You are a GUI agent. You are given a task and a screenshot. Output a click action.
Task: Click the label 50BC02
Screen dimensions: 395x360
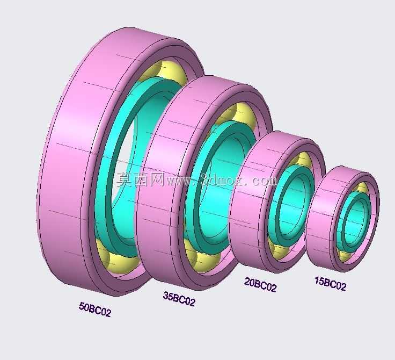tap(95, 309)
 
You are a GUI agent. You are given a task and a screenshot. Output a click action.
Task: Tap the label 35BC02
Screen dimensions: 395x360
tap(179, 299)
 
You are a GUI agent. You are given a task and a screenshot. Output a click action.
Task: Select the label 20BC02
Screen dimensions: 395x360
tap(260, 285)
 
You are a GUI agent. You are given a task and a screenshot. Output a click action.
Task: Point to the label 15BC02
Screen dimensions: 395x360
tap(331, 284)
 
